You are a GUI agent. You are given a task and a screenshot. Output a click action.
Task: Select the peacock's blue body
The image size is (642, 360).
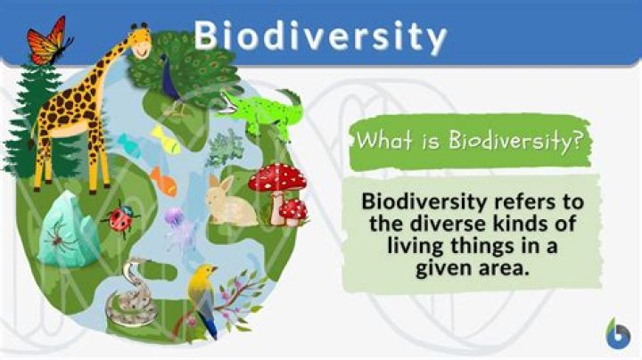[x=166, y=77]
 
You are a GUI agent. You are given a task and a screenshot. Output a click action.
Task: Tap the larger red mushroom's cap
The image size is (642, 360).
[x=276, y=177]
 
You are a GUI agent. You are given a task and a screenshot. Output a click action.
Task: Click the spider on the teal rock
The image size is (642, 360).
[x=64, y=234]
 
